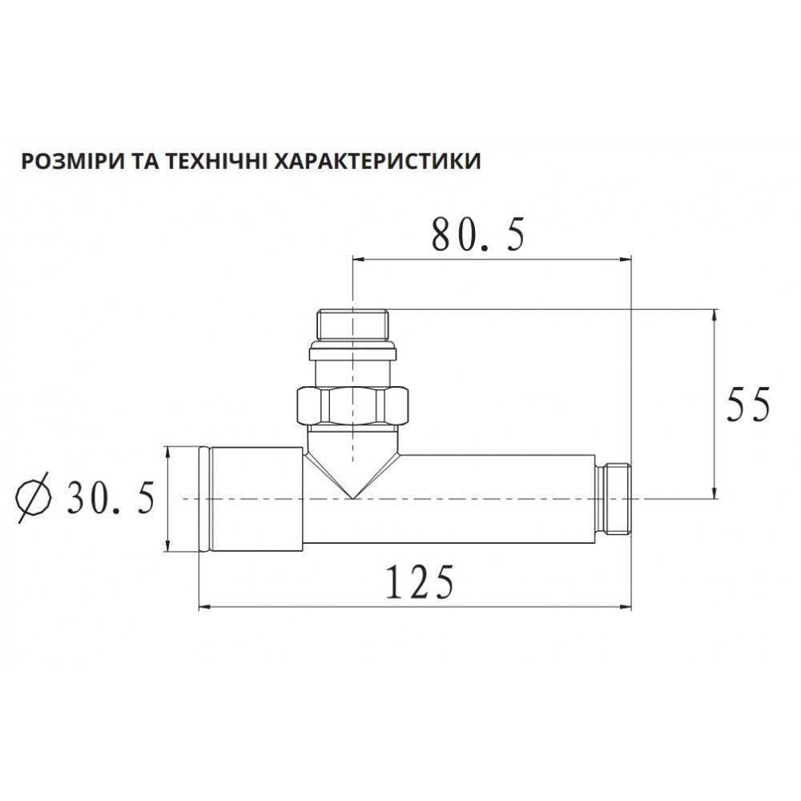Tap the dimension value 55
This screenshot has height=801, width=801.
click(747, 405)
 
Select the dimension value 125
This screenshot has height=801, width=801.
click(420, 583)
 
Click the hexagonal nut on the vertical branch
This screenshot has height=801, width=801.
click(353, 405)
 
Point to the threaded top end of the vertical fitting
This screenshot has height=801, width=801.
click(352, 323)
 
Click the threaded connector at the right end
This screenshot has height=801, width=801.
click(614, 498)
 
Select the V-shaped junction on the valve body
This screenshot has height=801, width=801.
click(353, 465)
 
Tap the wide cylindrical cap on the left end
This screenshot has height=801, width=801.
click(249, 499)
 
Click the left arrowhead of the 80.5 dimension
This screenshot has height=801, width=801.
click(358, 259)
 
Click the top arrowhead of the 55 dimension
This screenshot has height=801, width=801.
click(714, 314)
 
